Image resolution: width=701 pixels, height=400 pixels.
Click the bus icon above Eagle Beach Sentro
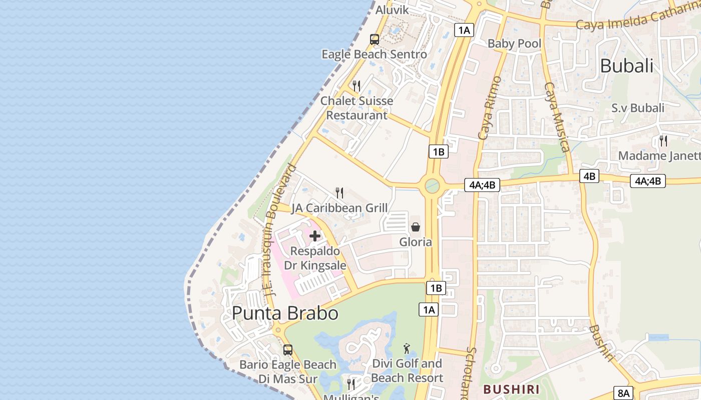(x=374, y=39)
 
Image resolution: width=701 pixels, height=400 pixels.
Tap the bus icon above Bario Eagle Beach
(x=287, y=350)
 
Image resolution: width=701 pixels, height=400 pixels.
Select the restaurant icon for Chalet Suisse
(x=357, y=86)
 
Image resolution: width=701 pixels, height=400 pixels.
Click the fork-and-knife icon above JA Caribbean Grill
(x=339, y=193)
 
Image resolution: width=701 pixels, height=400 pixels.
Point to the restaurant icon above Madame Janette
(x=663, y=141)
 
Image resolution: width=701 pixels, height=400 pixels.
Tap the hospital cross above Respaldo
(x=315, y=236)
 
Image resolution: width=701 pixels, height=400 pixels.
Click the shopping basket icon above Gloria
(x=416, y=227)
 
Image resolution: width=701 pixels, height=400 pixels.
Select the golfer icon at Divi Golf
(x=407, y=348)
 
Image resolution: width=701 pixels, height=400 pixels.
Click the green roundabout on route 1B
(x=432, y=186)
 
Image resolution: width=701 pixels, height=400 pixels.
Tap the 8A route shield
(x=624, y=393)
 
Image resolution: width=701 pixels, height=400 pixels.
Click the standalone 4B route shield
(x=590, y=176)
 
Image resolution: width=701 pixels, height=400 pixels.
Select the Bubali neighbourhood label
(x=626, y=66)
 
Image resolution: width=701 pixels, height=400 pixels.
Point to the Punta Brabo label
(x=285, y=313)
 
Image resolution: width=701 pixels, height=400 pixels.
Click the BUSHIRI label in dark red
(x=511, y=389)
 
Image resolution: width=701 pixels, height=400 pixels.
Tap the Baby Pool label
(x=514, y=43)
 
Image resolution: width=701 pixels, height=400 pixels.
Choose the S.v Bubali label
(x=638, y=108)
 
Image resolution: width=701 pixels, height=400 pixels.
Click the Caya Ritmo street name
(x=490, y=107)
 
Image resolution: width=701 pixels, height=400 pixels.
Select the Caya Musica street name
(x=556, y=117)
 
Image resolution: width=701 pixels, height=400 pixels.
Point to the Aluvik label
(x=392, y=10)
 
